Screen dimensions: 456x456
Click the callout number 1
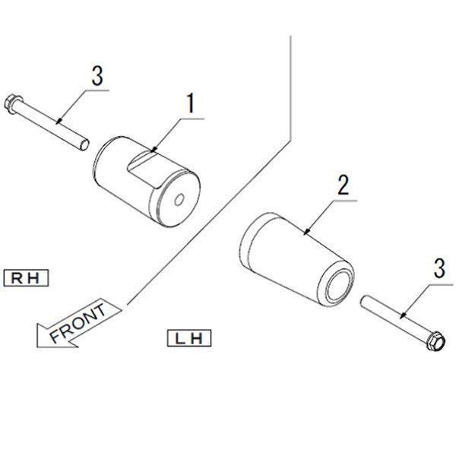(x=191, y=103)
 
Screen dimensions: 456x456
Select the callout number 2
(x=344, y=185)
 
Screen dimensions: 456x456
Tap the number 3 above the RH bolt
(x=97, y=75)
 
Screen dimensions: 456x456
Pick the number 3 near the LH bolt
(x=439, y=269)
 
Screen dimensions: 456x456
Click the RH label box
(x=26, y=278)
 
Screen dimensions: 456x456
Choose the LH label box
(x=189, y=338)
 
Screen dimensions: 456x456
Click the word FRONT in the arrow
(x=78, y=323)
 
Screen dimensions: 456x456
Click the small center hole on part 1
(x=179, y=200)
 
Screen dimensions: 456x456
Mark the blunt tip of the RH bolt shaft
(x=84, y=144)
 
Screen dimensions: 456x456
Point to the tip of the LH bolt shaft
(x=363, y=300)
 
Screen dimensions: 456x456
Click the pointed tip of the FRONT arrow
(x=37, y=325)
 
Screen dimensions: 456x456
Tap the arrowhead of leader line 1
(x=154, y=150)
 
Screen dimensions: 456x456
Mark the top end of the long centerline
(x=290, y=36)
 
